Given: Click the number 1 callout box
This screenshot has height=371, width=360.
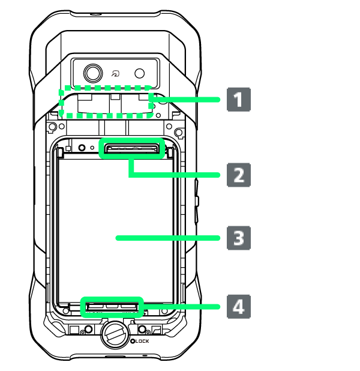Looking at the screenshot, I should tap(238, 100).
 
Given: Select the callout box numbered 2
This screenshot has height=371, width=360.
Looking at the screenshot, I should tap(238, 175).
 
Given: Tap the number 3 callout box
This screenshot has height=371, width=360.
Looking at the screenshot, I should tap(238, 238).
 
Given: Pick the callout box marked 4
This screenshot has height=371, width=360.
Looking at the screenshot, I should tap(238, 307).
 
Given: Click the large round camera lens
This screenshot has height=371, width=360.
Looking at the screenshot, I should tap(92, 73).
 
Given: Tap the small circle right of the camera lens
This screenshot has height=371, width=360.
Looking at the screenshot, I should tap(140, 73).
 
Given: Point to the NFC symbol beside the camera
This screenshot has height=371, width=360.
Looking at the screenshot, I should tap(116, 73).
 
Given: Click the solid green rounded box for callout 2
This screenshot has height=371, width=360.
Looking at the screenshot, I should tap(131, 149).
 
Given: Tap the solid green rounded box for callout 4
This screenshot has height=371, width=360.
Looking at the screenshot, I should tap(112, 307).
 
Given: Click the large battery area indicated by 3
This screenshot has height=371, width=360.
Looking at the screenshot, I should tap(114, 228).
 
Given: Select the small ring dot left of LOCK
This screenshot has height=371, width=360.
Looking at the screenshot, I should tap(133, 342).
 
